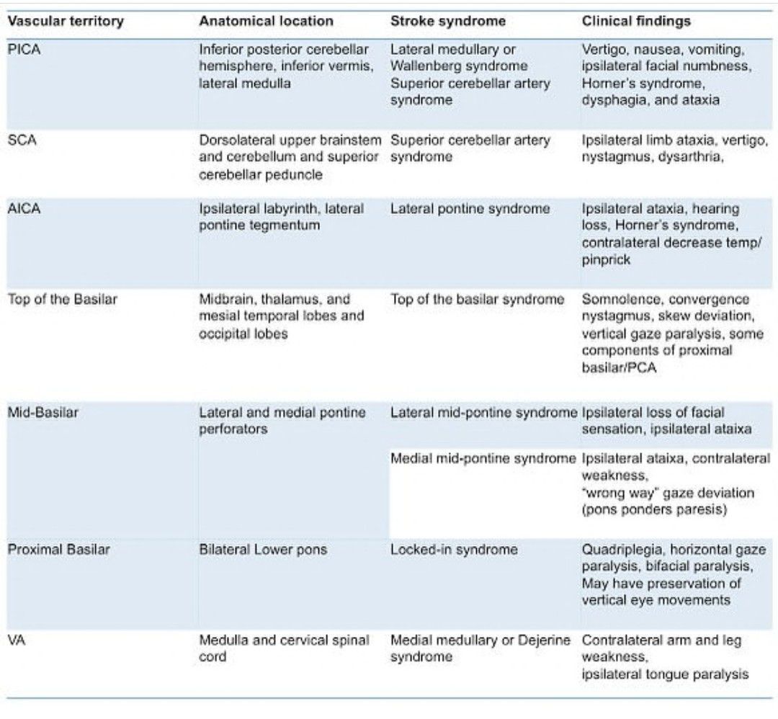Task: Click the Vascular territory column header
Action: click(x=65, y=21)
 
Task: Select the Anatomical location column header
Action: click(x=266, y=21)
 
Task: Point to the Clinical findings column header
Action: click(x=636, y=21)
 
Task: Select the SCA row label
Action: click(x=22, y=140)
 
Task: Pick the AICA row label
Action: click(x=24, y=209)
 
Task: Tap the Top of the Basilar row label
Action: click(x=61, y=299)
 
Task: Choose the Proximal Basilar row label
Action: click(x=58, y=550)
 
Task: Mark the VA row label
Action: click(x=16, y=640)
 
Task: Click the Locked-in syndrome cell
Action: click(x=454, y=550)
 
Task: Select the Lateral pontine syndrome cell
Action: click(x=470, y=209)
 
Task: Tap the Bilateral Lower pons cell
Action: click(x=263, y=550)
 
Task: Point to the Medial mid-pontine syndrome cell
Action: click(x=483, y=459)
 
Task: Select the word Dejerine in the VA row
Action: click(x=544, y=640)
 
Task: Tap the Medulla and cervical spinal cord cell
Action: click(x=284, y=648)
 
